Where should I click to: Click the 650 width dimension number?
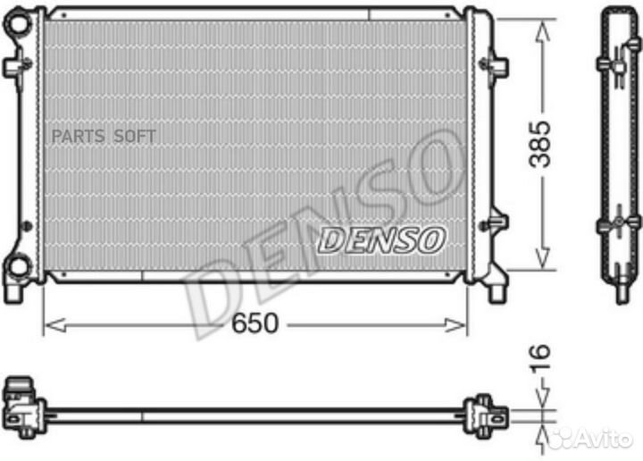click(256, 323)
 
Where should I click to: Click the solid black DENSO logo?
click(382, 239)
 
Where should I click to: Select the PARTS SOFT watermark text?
click(104, 136)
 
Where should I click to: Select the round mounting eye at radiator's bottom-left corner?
click(18, 266)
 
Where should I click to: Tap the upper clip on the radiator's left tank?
click(14, 68)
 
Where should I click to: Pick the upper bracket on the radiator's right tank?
click(493, 65)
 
